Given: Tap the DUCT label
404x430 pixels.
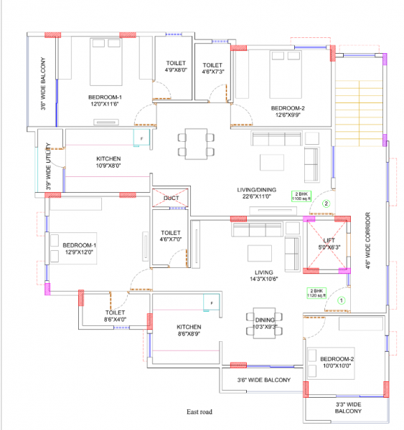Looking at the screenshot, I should tap(171, 198).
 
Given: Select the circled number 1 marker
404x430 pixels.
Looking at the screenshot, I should tap(342, 302).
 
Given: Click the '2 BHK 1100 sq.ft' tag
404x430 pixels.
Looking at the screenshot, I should tap(301, 196).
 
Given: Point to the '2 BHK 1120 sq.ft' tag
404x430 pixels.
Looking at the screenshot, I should tap(316, 292).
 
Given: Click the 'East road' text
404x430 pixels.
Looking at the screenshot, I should tap(201, 412).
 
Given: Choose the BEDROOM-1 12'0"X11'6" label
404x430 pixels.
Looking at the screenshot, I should tap(105, 100).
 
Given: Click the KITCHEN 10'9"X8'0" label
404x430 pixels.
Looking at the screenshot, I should tap(108, 162).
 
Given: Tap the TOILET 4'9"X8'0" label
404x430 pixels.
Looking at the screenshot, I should tap(176, 67).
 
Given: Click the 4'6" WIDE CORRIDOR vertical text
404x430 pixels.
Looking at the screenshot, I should tap(367, 240).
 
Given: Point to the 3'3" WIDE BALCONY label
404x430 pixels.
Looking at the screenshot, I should tap(348, 408).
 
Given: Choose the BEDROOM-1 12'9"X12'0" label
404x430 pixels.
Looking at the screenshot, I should tap(79, 249).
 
